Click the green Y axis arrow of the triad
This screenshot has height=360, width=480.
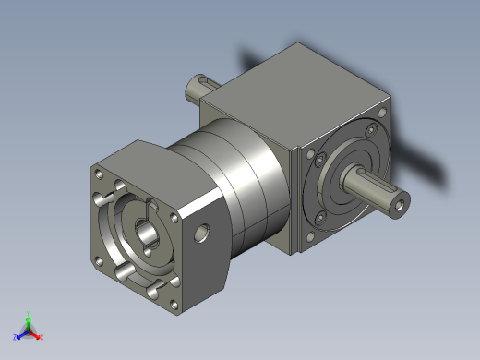point(28,316)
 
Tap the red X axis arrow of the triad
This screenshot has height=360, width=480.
point(39,337)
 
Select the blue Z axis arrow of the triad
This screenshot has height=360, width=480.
point(18,336)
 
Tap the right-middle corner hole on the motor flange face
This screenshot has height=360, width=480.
point(174,217)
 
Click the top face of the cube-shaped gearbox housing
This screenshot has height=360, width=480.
point(295,92)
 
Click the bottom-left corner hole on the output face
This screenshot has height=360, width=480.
point(308,235)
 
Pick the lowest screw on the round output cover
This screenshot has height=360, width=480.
point(319,218)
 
